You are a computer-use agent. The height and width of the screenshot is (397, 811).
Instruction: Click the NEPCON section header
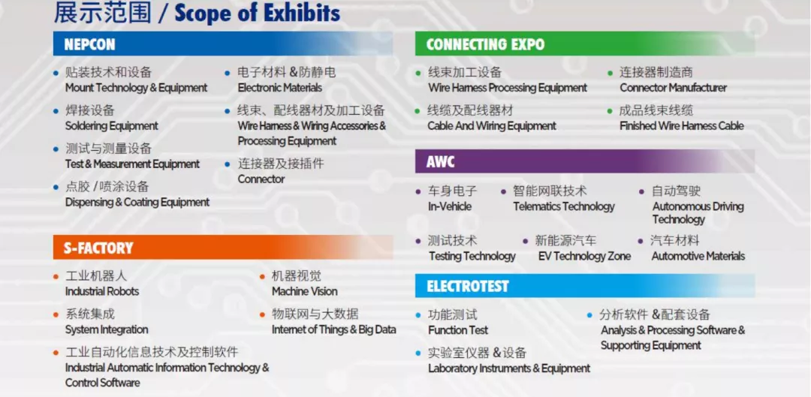tap(89, 44)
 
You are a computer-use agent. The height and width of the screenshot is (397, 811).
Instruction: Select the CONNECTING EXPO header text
tap(485, 44)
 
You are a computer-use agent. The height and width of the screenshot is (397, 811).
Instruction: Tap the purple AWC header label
tap(441, 162)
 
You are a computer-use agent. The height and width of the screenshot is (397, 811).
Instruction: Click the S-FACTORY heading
tap(98, 248)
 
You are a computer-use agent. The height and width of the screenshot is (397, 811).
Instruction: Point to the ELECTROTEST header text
tap(468, 287)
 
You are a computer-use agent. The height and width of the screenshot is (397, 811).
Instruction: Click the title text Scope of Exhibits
tap(258, 14)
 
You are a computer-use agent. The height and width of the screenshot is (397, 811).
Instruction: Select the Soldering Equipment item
tap(112, 125)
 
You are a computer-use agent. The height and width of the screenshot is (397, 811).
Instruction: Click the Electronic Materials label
tap(280, 88)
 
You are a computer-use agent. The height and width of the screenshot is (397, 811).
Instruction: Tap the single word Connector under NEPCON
tap(261, 179)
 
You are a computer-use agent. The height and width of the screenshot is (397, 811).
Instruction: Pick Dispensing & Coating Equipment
tap(137, 202)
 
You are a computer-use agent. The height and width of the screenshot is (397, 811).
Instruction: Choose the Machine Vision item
tap(305, 291)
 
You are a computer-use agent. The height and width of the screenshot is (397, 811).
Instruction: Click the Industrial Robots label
tap(102, 291)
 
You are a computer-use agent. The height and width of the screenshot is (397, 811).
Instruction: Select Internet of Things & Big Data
tap(334, 329)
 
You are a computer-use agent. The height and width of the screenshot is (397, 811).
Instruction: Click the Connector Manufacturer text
tap(674, 88)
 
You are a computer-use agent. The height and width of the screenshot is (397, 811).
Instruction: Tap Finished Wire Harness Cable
tap(682, 125)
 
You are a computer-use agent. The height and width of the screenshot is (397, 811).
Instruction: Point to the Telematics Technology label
tap(564, 207)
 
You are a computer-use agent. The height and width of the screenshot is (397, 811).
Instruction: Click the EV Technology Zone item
tap(584, 257)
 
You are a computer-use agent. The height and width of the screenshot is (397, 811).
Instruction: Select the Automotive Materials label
tap(698, 257)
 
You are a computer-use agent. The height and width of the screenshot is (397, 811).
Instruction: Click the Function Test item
tap(458, 329)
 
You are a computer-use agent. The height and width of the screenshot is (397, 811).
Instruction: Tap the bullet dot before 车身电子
tap(418, 192)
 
